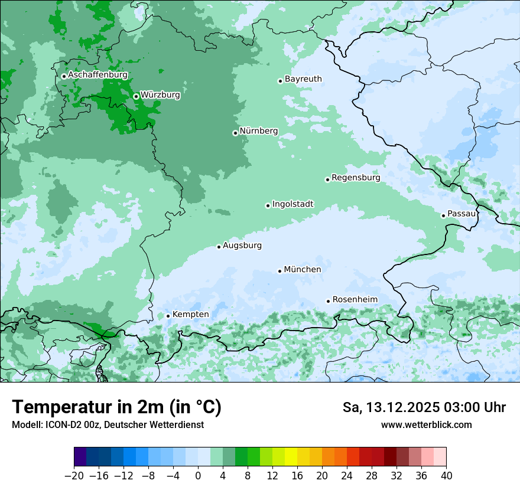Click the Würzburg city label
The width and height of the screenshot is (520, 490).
(x=160, y=95)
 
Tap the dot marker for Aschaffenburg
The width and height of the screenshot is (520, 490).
(x=64, y=76)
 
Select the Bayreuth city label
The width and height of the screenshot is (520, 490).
(x=303, y=79)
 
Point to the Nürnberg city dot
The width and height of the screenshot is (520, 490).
(x=235, y=133)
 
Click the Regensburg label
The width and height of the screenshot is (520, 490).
(x=356, y=178)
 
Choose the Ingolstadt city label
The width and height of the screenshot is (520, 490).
(x=292, y=204)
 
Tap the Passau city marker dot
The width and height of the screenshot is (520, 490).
(x=443, y=215)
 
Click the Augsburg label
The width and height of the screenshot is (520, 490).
(x=242, y=246)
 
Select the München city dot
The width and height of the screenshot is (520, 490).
(x=279, y=271)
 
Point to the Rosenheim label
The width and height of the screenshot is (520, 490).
(x=355, y=300)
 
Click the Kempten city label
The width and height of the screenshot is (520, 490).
(x=190, y=315)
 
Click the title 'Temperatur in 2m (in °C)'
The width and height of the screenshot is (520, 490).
(x=116, y=407)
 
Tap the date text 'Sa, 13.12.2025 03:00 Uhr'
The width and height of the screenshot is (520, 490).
(x=424, y=407)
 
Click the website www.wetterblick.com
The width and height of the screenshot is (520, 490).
(x=426, y=424)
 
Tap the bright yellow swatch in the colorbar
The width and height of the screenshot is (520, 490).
(x=291, y=457)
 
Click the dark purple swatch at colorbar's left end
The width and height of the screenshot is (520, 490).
(x=80, y=457)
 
